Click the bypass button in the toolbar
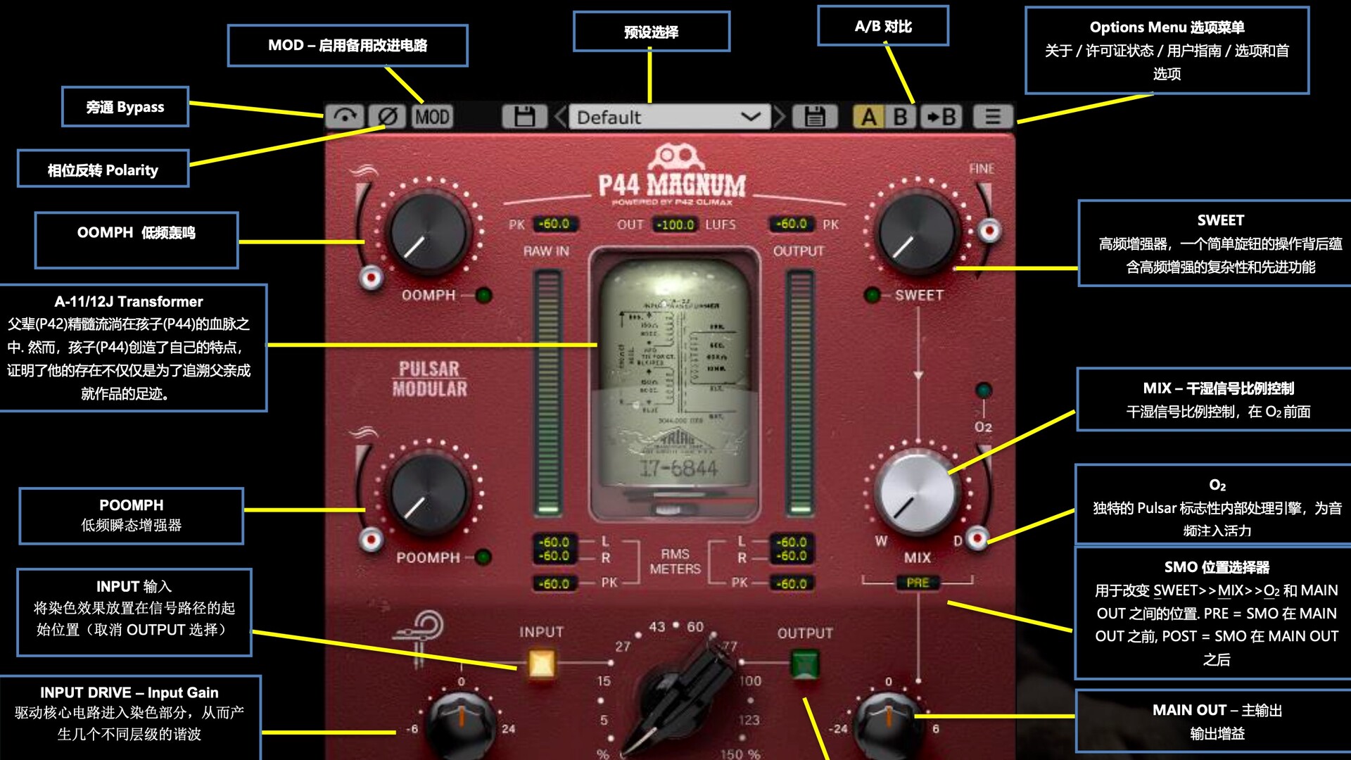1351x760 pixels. click(345, 116)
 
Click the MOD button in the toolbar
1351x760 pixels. click(432, 116)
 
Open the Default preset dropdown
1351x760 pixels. click(668, 117)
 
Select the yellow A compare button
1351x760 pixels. click(869, 116)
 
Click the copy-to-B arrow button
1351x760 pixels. click(941, 116)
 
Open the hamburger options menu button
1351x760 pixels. click(992, 116)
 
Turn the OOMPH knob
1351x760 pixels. click(429, 233)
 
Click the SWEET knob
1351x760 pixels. click(916, 233)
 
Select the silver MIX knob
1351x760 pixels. click(916, 493)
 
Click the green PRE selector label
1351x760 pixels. click(918, 583)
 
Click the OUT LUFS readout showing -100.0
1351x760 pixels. click(675, 224)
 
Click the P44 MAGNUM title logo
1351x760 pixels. click(672, 184)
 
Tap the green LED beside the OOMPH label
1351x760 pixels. click(484, 296)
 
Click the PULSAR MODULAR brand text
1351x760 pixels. click(430, 379)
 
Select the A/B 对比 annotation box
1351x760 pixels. click(883, 26)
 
